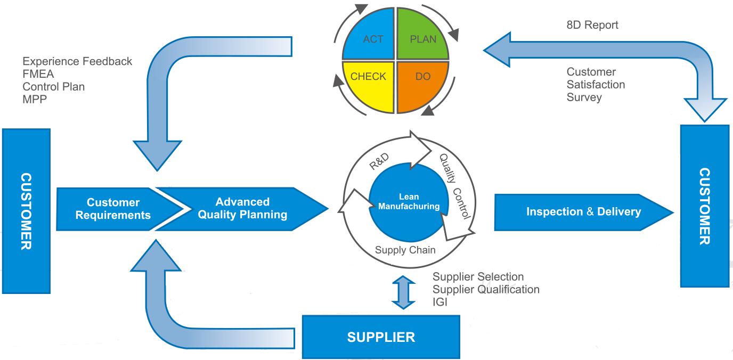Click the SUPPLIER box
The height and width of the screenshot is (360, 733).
[x=381, y=337]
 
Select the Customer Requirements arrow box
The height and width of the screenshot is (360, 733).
[x=113, y=209]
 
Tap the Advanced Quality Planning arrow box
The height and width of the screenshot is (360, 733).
[x=242, y=209]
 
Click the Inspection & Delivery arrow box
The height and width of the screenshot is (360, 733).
[x=583, y=211]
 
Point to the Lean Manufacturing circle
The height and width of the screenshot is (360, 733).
[x=409, y=202]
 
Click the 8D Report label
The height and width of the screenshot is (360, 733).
[x=592, y=25]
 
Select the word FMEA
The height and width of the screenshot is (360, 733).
[x=38, y=74]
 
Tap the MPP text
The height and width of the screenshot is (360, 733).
[x=35, y=99]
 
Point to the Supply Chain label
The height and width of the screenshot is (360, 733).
[x=405, y=250]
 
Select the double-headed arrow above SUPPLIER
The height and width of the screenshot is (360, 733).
[x=403, y=292]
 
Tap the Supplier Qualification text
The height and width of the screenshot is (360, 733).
[x=486, y=289]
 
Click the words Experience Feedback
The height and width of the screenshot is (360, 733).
[x=77, y=61]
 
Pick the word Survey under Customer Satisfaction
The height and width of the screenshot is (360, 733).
[x=584, y=97]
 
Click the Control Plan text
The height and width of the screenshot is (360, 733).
[x=53, y=86]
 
